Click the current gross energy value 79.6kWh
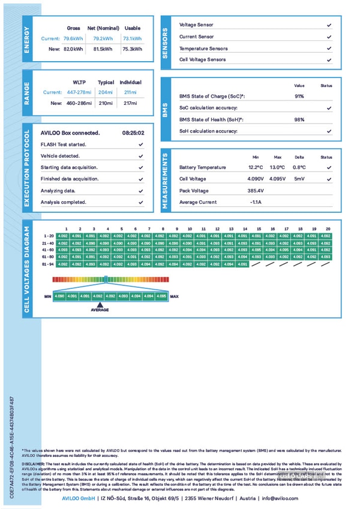coord(73,38)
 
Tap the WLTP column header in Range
coord(79,82)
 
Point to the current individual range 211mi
coord(130,92)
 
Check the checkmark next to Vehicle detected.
coord(140,156)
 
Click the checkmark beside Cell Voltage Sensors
coord(329,60)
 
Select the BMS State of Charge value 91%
coord(299,96)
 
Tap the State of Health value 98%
coord(299,119)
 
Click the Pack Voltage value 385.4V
coord(256,191)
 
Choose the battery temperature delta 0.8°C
coord(299,167)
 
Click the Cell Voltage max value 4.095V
coord(277,179)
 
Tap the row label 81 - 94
coord(49,264)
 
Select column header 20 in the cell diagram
coord(328,229)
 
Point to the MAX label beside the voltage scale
coord(175,296)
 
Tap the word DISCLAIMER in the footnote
coord(34,464)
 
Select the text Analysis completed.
coord(64,202)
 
